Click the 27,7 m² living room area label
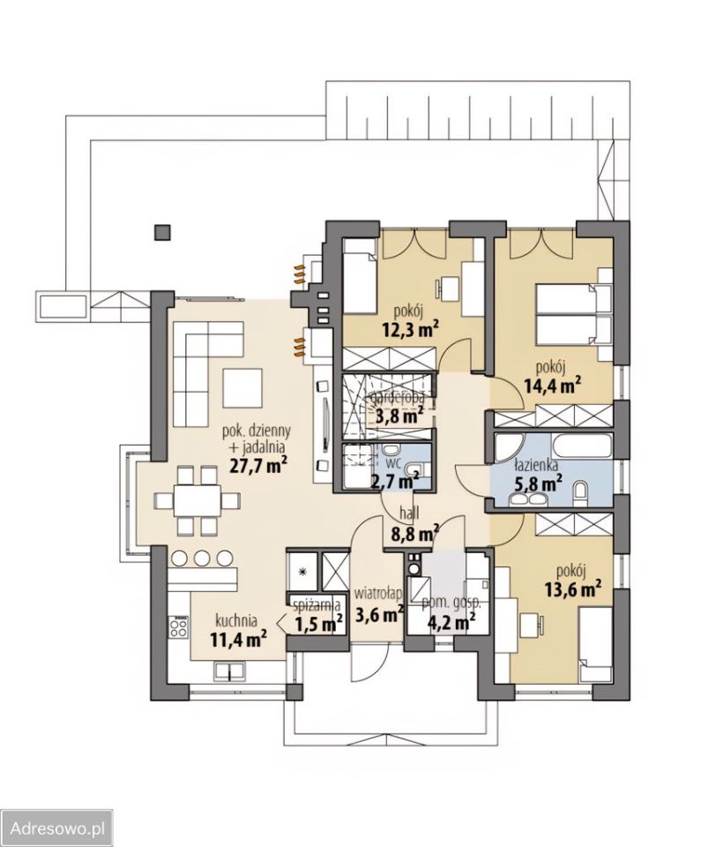[258, 465]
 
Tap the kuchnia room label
[235, 619]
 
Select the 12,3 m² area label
[410, 328]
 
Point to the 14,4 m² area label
[552, 385]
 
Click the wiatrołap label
[378, 594]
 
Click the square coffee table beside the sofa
[242, 387]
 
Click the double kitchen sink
[229, 671]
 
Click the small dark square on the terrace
[162, 232]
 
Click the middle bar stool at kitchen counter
[201, 557]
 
